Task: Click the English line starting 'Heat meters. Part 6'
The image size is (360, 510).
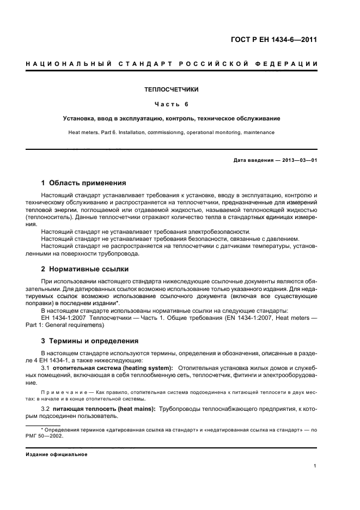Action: click(x=172, y=132)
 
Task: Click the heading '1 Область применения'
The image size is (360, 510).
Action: click(x=84, y=183)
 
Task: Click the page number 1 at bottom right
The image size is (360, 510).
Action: click(x=315, y=466)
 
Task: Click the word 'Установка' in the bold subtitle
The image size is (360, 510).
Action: click(x=79, y=118)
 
